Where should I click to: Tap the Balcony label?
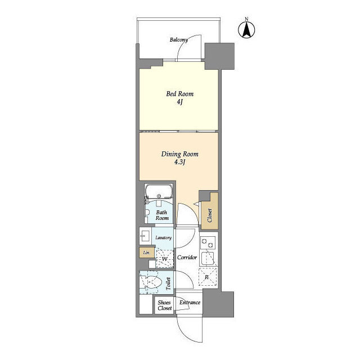179,40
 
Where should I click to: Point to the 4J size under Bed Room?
178,103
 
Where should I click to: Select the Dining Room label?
179,154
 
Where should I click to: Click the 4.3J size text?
179,163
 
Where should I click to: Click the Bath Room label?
162,215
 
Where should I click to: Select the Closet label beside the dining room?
210,215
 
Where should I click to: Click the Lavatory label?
163,237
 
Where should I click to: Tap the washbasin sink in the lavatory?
145,236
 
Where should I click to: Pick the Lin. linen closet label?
145,253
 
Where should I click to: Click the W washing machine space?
164,259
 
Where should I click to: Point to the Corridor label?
186,257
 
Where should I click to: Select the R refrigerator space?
207,277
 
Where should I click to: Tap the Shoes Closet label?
164,305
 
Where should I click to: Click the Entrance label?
190,303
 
